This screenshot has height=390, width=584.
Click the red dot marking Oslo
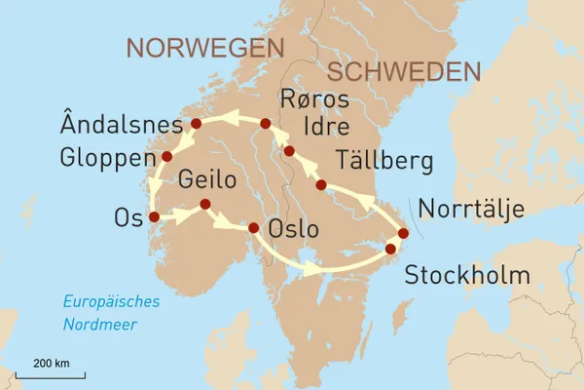tap(254, 228)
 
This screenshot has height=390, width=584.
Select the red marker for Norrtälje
tap(403, 234)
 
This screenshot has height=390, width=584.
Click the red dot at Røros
tap(265, 124)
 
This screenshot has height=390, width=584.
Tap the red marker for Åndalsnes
tap(196, 124)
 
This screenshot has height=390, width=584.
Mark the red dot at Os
tap(154, 216)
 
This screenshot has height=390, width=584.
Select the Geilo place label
tap(208, 181)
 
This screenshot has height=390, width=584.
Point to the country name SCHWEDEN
tap(404, 71)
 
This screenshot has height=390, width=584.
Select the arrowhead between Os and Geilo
tap(184, 216)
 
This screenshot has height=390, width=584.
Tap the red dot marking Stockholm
tap(391, 250)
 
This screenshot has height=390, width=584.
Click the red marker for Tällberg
tap(321, 185)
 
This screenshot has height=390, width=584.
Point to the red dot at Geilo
tap(204, 204)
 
